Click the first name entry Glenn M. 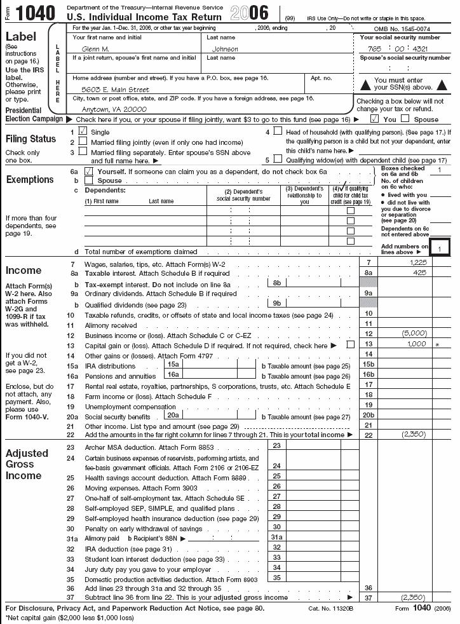tap(96, 49)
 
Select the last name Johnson tap(225, 49)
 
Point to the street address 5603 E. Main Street tap(111, 90)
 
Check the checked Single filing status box tap(83, 132)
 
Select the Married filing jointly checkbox tap(83, 142)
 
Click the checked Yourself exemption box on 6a tap(88, 172)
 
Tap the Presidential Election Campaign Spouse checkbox tap(405, 119)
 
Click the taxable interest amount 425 tap(419, 273)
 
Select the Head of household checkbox tap(277, 132)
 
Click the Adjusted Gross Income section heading tap(27, 465)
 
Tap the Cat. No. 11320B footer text tap(330, 608)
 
